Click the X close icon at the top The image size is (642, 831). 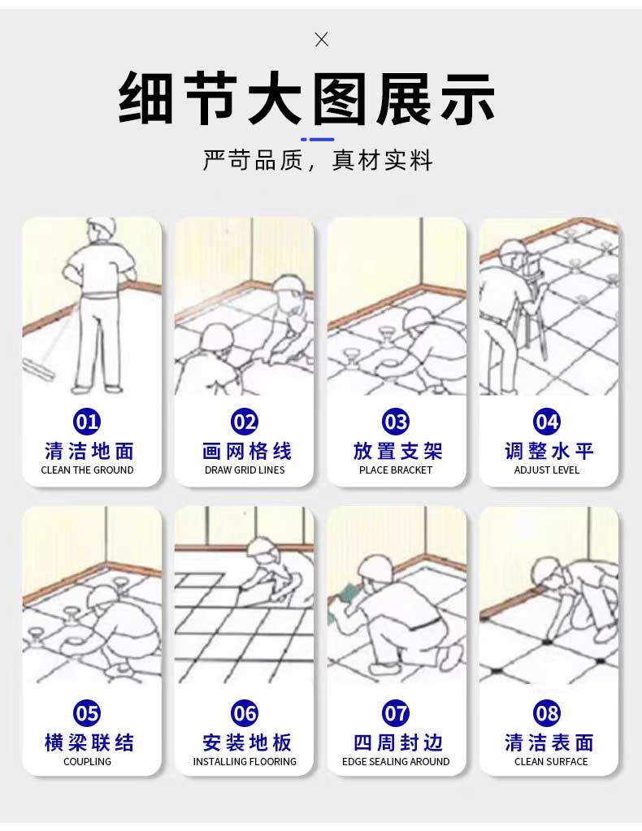pos(321,39)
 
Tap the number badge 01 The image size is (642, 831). pos(87,422)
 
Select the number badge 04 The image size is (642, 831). pos(547,422)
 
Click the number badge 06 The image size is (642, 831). pos(245,713)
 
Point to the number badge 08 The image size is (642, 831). pos(547,713)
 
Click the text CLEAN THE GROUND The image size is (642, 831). pos(87,470)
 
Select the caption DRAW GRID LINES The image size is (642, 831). pos(245,470)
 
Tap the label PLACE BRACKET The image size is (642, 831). pos(396,470)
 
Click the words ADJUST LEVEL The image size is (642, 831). pos(547,470)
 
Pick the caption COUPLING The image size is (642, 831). pos(87,762)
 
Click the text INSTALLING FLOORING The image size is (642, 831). pos(245,762)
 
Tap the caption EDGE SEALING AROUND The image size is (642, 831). pos(396,762)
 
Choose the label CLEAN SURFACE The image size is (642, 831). pos(551,762)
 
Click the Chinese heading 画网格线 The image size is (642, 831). pos(246,452)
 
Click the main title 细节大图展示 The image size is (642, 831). pos(306,98)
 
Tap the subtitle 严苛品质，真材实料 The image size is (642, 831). pos(318,160)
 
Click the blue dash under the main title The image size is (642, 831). pos(318,140)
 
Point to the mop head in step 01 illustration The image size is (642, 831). pos(39,368)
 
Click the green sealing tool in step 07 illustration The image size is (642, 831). pos(345,592)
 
